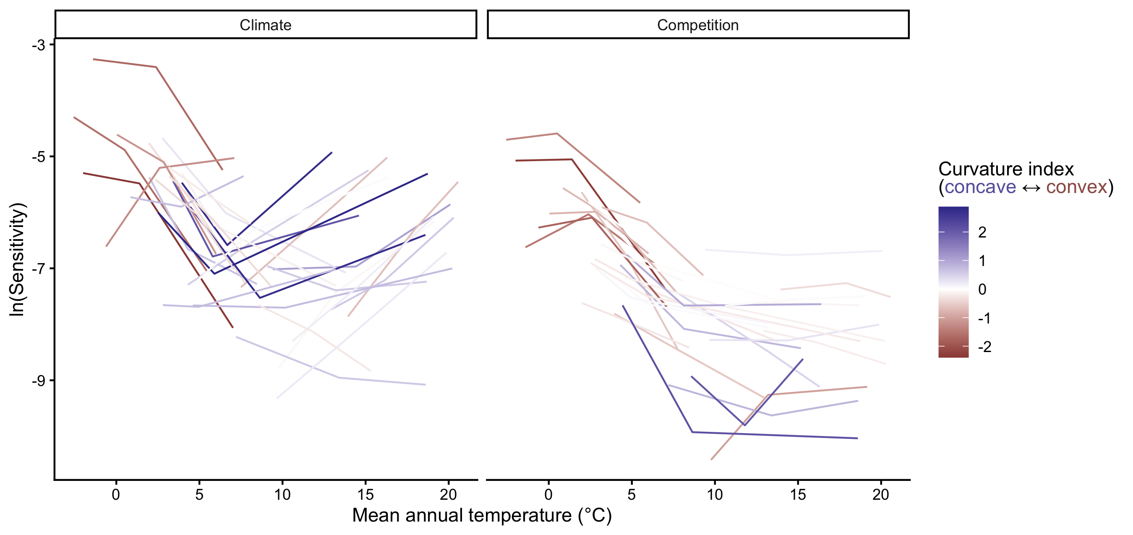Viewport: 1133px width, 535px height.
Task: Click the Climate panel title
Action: (x=265, y=25)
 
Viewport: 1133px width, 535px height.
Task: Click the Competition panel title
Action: (x=697, y=25)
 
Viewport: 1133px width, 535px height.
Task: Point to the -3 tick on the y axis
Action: (x=39, y=45)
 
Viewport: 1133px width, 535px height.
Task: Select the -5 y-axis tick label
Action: (x=39, y=157)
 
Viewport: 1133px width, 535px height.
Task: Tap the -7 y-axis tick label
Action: (x=39, y=269)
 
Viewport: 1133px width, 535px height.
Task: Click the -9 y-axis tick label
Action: (x=39, y=381)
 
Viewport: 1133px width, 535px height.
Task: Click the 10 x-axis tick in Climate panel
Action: (x=282, y=495)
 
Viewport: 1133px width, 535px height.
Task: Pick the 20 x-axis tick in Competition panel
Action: (x=880, y=495)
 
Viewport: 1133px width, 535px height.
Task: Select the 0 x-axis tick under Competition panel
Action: (x=548, y=495)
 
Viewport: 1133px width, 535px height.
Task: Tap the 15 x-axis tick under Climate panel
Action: (x=365, y=495)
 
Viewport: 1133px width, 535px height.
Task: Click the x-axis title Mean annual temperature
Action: (x=482, y=515)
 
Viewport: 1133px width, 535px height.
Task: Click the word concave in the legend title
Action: (x=980, y=188)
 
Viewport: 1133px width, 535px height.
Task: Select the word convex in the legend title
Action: (x=1076, y=188)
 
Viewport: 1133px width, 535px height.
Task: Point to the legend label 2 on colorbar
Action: (x=982, y=232)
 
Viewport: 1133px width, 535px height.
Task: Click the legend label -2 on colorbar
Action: (x=984, y=347)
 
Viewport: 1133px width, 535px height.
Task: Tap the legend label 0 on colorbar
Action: (x=982, y=290)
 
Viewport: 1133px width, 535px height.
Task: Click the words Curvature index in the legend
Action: (x=1006, y=169)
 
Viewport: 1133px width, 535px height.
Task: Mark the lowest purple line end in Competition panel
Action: (x=857, y=438)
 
